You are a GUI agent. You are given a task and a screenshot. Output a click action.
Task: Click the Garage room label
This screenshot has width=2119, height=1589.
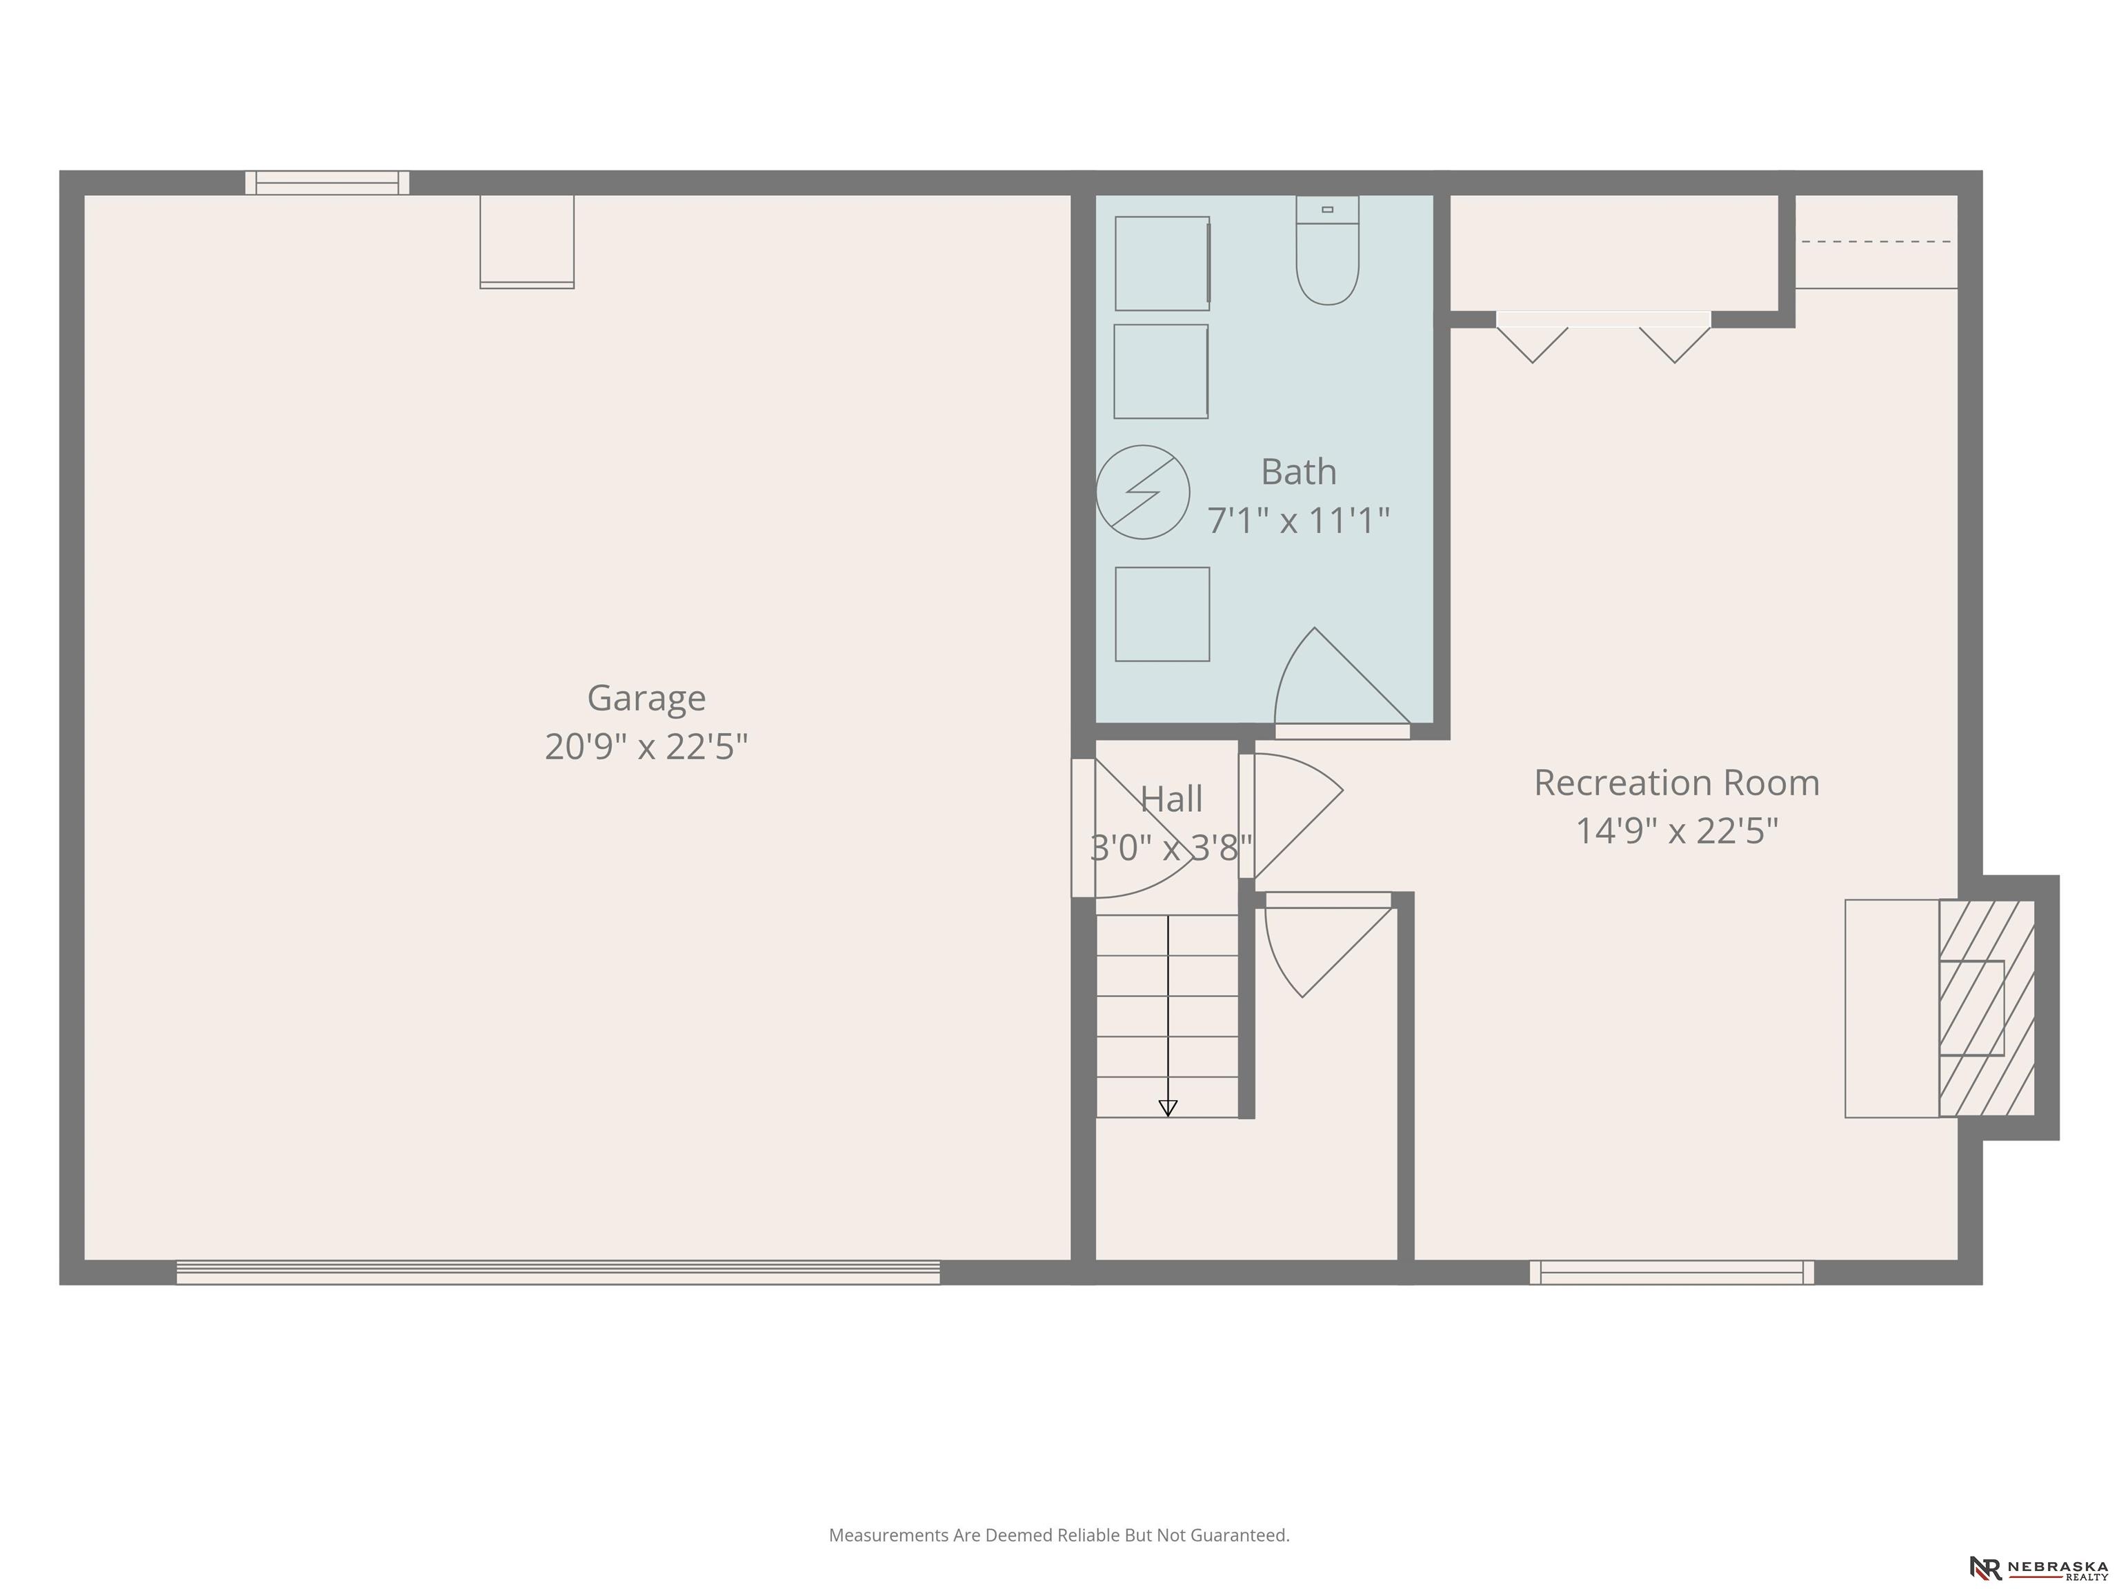click(646, 698)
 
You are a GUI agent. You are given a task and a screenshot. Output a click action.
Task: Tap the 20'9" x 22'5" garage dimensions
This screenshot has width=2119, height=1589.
click(646, 746)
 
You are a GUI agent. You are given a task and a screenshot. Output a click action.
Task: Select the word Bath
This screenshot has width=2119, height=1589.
click(1298, 471)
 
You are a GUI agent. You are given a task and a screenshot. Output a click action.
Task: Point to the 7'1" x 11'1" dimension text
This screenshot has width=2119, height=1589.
click(1298, 520)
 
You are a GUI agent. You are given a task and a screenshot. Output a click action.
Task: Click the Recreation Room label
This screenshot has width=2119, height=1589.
click(1676, 783)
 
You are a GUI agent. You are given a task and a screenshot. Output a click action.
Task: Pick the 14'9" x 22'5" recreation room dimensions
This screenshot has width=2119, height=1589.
click(1676, 830)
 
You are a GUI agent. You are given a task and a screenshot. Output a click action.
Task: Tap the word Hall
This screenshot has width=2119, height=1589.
click(1171, 799)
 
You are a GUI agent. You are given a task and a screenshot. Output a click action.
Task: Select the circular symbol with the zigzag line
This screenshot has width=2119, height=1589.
click(1143, 492)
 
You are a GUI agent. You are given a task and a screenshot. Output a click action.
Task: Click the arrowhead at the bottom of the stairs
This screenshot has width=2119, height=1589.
click(1168, 1108)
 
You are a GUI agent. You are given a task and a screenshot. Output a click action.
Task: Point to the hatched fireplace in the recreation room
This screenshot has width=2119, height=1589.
click(1987, 1008)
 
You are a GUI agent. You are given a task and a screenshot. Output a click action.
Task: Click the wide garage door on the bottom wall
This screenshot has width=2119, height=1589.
click(559, 1272)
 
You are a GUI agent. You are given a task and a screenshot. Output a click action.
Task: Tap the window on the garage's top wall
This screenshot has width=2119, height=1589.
click(328, 183)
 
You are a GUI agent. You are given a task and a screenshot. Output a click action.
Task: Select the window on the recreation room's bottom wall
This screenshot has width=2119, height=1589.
click(1671, 1272)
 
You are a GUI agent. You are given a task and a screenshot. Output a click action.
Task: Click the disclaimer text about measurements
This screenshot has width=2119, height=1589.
click(1059, 1535)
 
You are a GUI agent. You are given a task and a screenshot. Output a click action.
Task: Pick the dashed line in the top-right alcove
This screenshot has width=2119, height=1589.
click(1876, 241)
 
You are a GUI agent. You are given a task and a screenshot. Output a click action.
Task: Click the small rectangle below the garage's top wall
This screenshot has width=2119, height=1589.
click(527, 241)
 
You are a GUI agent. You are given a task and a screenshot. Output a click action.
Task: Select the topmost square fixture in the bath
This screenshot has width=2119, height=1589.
click(1163, 263)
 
